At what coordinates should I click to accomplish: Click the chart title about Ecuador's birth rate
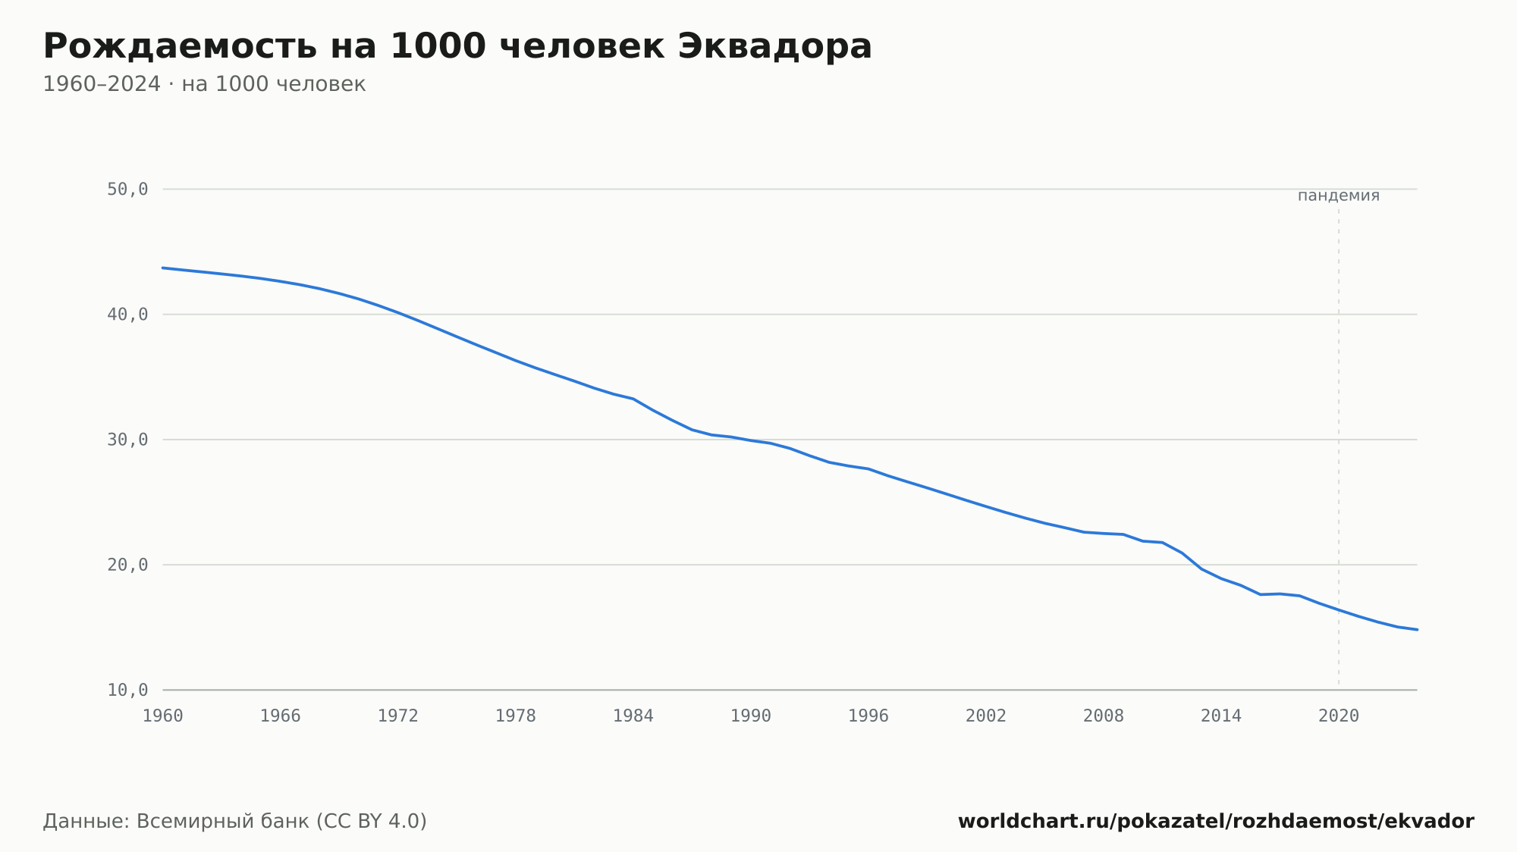click(x=457, y=47)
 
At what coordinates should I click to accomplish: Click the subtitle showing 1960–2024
click(x=204, y=84)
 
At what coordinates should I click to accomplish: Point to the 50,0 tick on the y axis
click(x=127, y=190)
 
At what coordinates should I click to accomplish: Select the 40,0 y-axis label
click(x=127, y=315)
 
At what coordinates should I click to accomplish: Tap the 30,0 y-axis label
click(x=127, y=440)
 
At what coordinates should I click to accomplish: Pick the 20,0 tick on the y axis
click(x=127, y=565)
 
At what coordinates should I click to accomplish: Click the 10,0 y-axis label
click(x=127, y=690)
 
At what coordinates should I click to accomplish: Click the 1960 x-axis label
click(x=163, y=716)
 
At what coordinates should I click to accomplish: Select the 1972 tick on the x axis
click(x=398, y=716)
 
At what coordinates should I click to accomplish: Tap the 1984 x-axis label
click(x=633, y=716)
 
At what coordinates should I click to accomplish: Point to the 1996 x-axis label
click(x=868, y=716)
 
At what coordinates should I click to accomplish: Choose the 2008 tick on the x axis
click(x=1104, y=716)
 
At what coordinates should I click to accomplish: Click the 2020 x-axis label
click(x=1339, y=716)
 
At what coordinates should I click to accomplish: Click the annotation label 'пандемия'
click(x=1339, y=196)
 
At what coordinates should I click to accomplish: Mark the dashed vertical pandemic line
click(x=1339, y=447)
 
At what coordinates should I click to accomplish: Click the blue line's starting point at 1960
click(x=163, y=268)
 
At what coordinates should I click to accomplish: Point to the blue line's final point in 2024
click(x=1417, y=629)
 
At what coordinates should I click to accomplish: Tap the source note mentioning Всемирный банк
click(x=235, y=822)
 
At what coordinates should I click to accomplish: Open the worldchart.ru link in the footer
click(x=1216, y=822)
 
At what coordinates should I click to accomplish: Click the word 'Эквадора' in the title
click(x=774, y=47)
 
